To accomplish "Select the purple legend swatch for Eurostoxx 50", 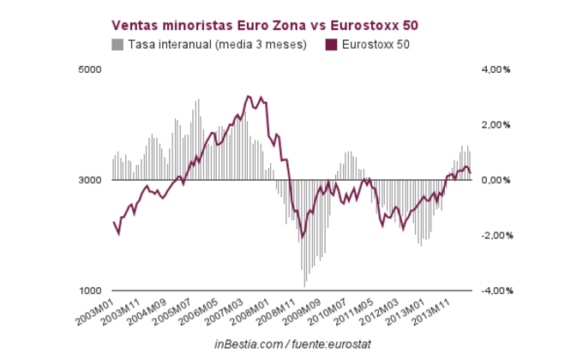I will tap(331, 44).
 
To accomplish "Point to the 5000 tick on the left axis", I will tap(89, 69).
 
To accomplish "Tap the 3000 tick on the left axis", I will tap(89, 180).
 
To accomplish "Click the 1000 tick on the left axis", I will tap(89, 291).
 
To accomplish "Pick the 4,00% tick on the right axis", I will tap(495, 69).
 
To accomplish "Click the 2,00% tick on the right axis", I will tap(495, 124).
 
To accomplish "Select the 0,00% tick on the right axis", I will tap(495, 180).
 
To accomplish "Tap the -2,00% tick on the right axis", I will tap(493, 235).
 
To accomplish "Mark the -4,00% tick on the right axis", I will tap(493, 291).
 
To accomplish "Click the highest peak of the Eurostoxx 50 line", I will tap(248, 96).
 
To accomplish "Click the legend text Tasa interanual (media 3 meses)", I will tap(217, 44).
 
